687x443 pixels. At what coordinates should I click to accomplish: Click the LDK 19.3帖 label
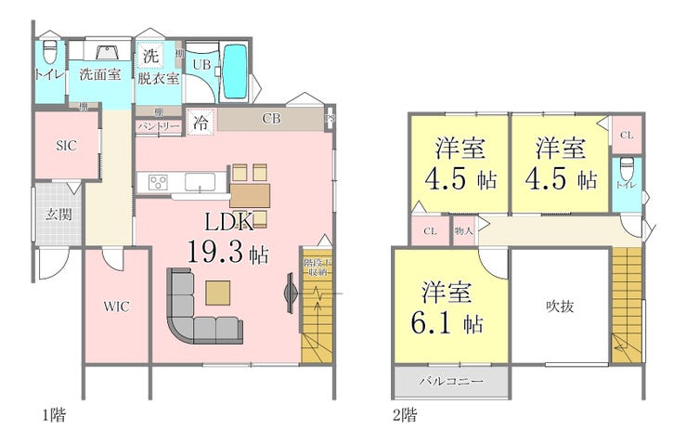pos(228,237)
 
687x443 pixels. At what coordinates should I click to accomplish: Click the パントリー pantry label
pos(159,124)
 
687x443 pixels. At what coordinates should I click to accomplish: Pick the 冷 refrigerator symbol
pos(201,121)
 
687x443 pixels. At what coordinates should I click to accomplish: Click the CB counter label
pos(271,119)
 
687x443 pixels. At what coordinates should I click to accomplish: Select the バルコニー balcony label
pos(450,382)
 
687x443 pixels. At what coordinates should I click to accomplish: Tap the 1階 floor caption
pos(52,413)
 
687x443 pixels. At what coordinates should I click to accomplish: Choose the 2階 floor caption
pos(404,413)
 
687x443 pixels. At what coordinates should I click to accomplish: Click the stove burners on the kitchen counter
pos(156,181)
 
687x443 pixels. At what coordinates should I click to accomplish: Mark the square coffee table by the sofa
pos(219,292)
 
